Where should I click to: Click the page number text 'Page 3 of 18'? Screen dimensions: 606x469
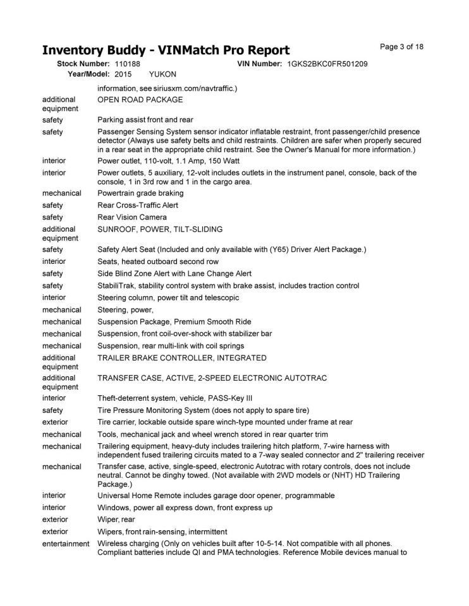tap(401, 47)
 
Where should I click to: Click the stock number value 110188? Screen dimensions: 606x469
tap(128, 64)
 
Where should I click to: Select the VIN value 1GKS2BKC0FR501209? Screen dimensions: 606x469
tap(327, 64)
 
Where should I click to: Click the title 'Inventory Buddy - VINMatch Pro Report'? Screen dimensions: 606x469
tap(166, 50)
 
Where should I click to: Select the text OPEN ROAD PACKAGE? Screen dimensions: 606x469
tap(140, 100)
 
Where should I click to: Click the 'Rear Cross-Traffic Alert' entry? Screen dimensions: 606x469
tap(138, 205)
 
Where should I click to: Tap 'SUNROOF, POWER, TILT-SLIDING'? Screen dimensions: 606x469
tap(160, 229)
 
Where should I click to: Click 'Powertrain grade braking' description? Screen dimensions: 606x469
tap(140, 193)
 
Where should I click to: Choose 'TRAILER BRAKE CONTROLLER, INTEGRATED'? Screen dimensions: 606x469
tap(182, 358)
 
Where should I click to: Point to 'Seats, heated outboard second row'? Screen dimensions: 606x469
tap(158, 261)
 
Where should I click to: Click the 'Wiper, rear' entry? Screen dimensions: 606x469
tap(117, 520)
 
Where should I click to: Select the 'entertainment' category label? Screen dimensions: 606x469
tap(66, 544)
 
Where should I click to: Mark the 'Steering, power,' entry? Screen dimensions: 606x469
tap(126, 310)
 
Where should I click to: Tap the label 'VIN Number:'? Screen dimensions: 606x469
tap(259, 64)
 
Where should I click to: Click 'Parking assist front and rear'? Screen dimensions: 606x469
tap(145, 120)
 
